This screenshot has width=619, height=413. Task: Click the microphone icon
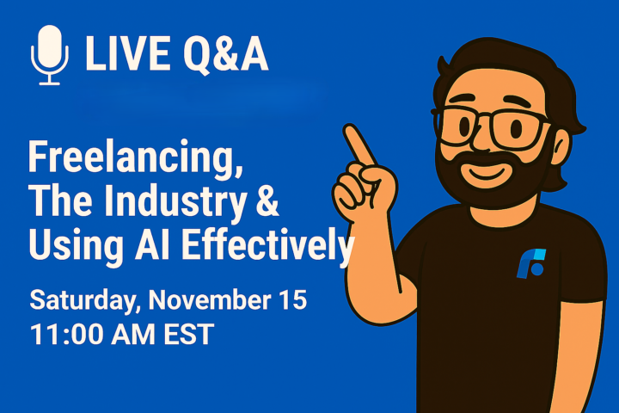point(50,54)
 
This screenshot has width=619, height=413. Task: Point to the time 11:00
point(70,333)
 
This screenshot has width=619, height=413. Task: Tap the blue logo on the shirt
point(530,262)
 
